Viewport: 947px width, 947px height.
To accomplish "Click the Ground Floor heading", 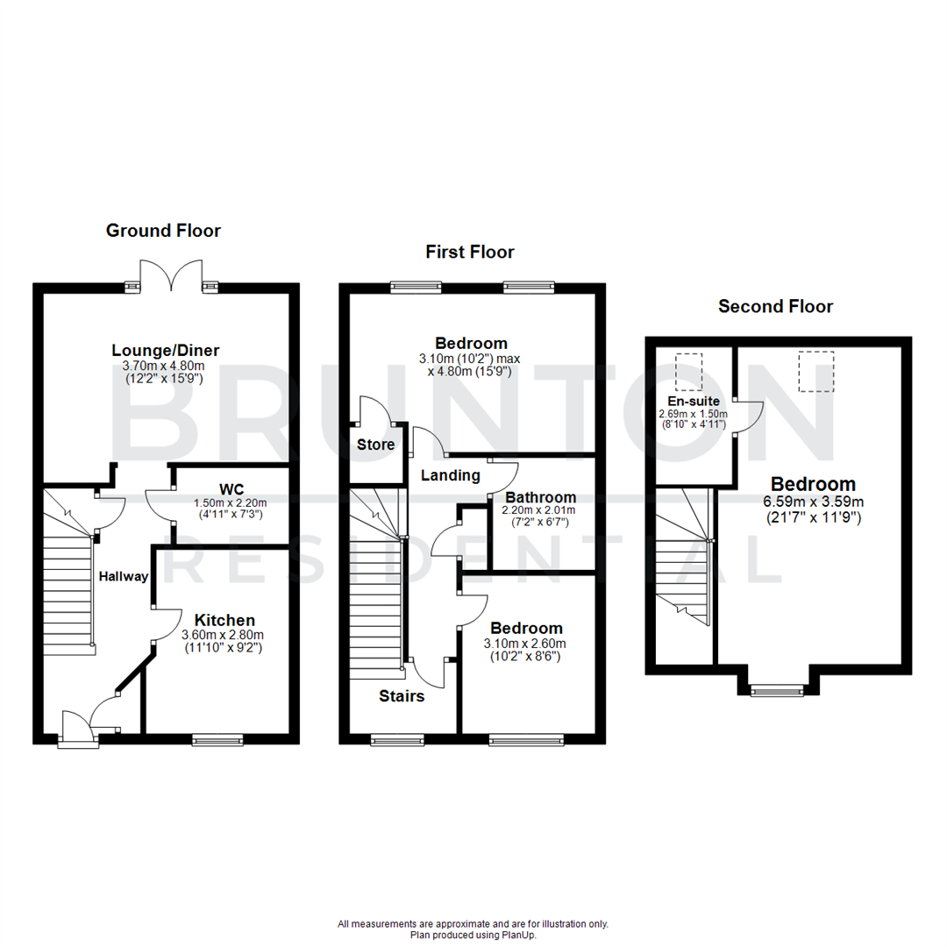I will pos(163,231).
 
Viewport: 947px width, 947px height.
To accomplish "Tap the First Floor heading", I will pos(470,253).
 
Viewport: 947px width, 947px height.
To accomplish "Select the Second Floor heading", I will pos(775,306).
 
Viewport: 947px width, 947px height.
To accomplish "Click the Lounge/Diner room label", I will pos(165,351).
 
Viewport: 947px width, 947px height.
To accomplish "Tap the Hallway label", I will pos(122,576).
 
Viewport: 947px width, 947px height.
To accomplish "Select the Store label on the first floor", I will pos(375,445).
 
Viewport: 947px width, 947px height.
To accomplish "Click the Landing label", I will pos(451,475).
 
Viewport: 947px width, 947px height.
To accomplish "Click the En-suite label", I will pos(694,401).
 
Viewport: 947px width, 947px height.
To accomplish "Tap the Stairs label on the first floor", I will pos(402,696).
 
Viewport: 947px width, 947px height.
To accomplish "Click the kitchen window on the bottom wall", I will pos(217,741).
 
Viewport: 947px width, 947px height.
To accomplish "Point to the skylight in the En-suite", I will pos(689,370).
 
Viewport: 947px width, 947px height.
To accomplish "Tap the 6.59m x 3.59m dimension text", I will pos(813,502).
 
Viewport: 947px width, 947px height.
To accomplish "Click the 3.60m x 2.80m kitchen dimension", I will pos(222,635).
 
